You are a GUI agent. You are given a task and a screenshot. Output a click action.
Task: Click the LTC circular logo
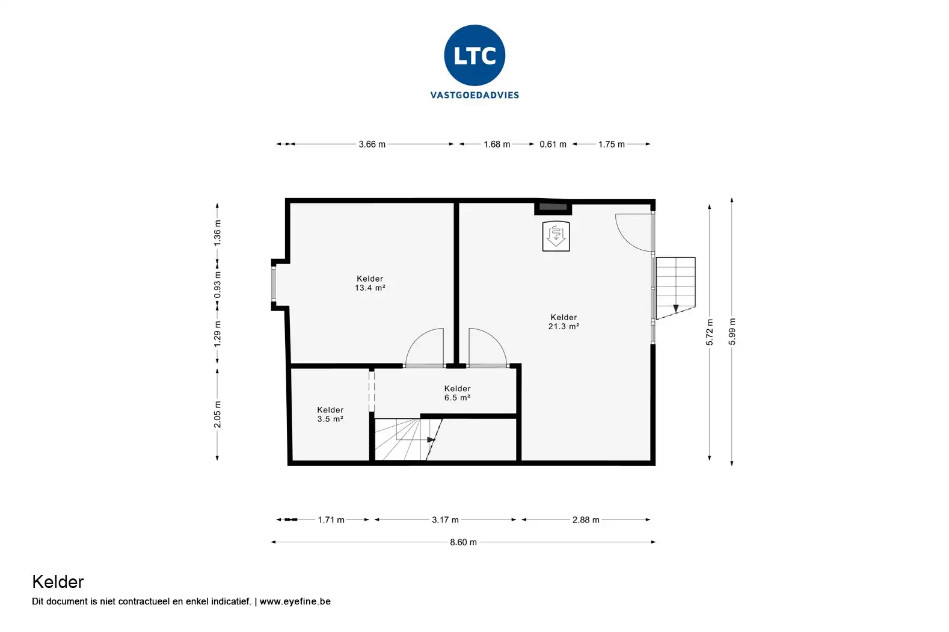475,55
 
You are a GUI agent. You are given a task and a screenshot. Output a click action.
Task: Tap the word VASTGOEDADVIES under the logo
475,95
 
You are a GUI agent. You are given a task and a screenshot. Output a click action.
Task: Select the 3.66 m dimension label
372,144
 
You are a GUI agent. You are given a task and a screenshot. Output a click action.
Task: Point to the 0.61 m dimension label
553,144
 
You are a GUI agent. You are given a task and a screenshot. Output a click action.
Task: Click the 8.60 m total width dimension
463,542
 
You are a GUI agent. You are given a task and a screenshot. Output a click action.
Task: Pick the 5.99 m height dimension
732,331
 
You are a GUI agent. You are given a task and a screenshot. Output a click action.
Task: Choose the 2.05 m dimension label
217,414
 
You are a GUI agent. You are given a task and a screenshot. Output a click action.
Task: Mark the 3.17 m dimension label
445,519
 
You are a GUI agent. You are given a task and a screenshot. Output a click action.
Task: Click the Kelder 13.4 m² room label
370,283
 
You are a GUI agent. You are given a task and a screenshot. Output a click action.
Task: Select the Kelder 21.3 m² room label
564,321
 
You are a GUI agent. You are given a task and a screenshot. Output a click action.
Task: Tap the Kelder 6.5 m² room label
457,393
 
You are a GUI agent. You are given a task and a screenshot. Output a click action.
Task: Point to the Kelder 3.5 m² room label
330,414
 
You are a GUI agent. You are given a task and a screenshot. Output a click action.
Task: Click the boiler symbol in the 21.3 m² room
556,237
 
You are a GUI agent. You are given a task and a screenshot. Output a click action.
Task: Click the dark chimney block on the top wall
553,207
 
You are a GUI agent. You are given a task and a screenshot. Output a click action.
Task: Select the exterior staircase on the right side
676,288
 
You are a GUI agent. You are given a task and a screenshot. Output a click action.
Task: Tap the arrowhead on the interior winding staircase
431,440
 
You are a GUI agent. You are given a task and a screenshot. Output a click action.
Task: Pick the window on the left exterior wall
274,283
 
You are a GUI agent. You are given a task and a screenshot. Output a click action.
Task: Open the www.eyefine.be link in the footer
295,601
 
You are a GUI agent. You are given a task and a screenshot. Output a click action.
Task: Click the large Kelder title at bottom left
58,582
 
